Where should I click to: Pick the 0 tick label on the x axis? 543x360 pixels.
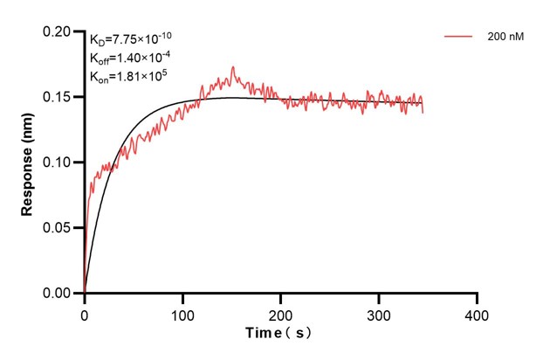[x=85, y=313]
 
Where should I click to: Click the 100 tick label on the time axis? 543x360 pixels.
[x=182, y=313]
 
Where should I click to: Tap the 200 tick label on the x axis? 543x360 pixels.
[x=281, y=313]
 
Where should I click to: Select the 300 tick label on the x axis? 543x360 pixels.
[x=379, y=313]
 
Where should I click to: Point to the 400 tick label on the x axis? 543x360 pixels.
[x=477, y=313]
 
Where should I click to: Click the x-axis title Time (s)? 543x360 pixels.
[x=279, y=333]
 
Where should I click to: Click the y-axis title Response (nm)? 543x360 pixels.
[x=28, y=162]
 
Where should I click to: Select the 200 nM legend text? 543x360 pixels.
[x=505, y=38]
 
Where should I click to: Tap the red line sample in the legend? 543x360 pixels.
[x=459, y=38]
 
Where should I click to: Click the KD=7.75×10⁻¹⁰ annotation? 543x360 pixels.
[x=135, y=38]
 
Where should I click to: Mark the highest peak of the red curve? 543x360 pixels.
[x=232, y=67]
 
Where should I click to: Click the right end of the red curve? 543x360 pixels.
[x=423, y=112]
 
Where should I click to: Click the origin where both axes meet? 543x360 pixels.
[x=85, y=294]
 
